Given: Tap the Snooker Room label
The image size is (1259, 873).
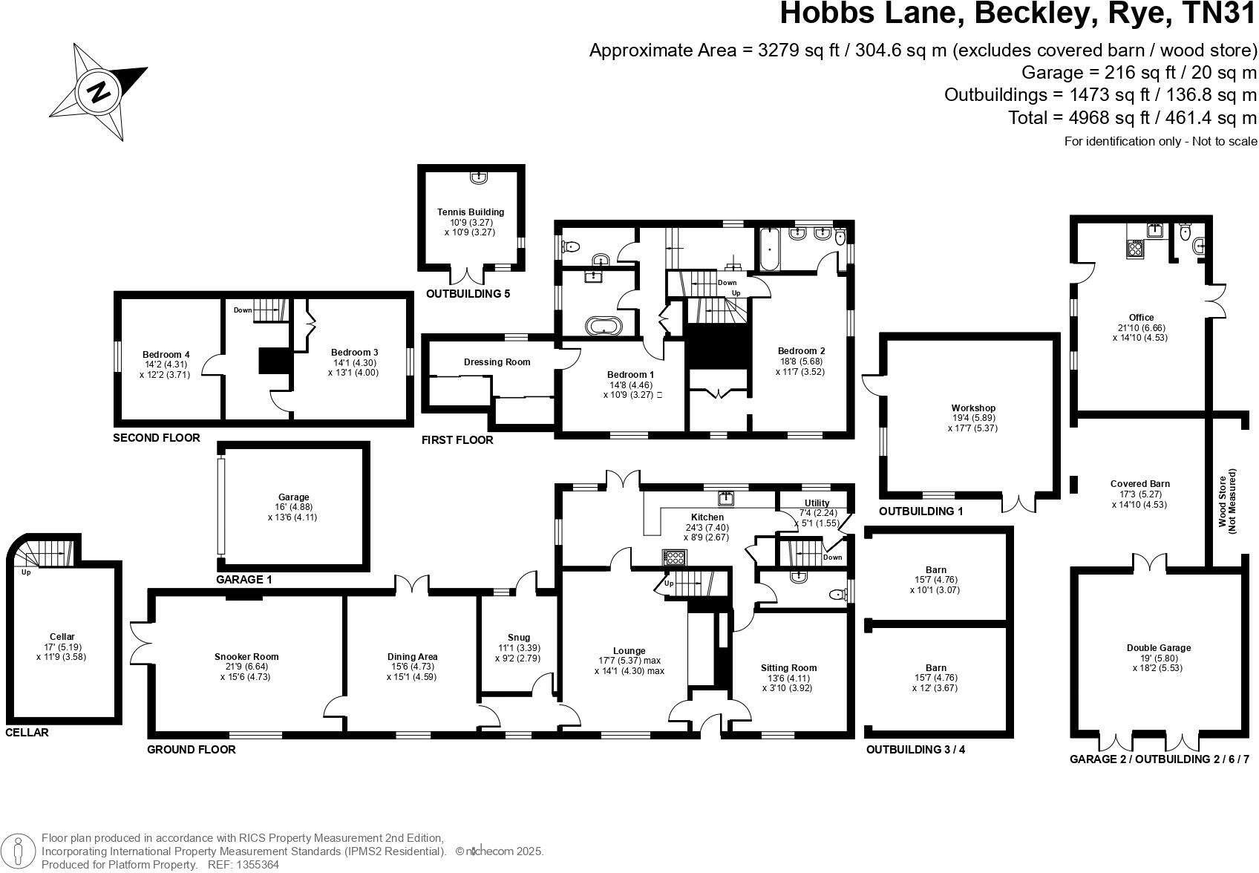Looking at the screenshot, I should click(x=246, y=656).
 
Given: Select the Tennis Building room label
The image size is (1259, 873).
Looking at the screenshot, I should click(x=471, y=212).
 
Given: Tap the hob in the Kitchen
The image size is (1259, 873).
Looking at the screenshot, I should click(x=674, y=558).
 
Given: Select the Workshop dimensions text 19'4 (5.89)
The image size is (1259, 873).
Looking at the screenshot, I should click(x=973, y=418).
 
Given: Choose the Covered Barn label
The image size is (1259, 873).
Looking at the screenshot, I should click(x=1140, y=483).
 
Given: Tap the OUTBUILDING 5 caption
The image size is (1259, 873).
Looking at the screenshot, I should click(x=468, y=294).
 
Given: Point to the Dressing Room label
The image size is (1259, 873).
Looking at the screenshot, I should click(x=497, y=362).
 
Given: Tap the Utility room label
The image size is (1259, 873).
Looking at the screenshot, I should click(x=817, y=503).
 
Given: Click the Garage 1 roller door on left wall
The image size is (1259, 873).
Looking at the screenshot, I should click(x=220, y=506).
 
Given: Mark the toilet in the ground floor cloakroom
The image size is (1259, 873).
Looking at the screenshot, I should click(x=840, y=594).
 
